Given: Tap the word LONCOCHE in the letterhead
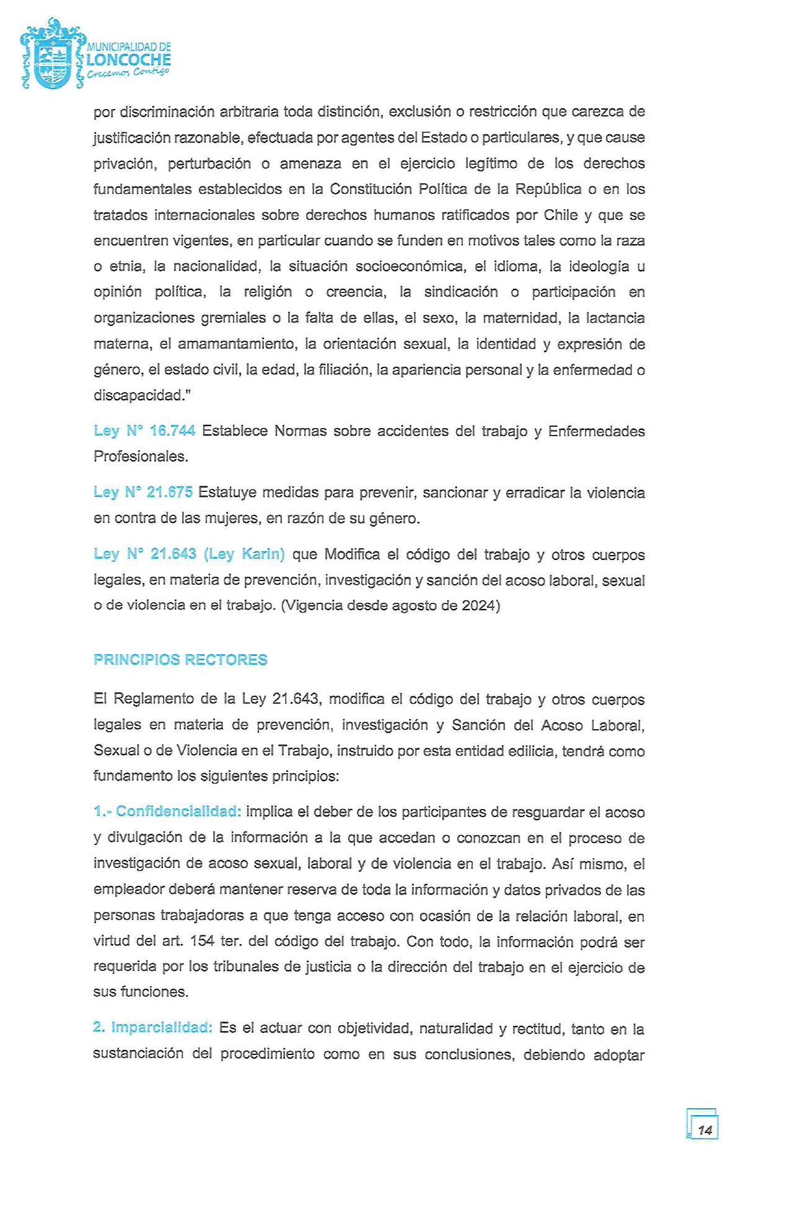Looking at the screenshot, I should [129, 60].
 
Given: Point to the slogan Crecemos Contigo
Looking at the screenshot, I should [128, 73].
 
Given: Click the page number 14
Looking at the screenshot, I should [704, 1130].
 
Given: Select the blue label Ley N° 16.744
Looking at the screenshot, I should [144, 431].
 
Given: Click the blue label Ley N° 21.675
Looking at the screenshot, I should [143, 492].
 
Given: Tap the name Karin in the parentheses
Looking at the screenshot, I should [261, 554].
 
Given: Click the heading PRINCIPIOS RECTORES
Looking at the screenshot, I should [180, 660].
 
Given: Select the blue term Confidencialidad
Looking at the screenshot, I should [178, 811].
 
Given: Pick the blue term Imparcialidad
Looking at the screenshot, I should [162, 1028].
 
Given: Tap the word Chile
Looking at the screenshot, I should [560, 215].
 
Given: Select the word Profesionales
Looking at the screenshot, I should [140, 457].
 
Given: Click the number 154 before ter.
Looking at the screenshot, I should [202, 942].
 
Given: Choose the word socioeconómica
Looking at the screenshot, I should [410, 266].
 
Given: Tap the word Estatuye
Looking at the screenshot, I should [227, 492].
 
